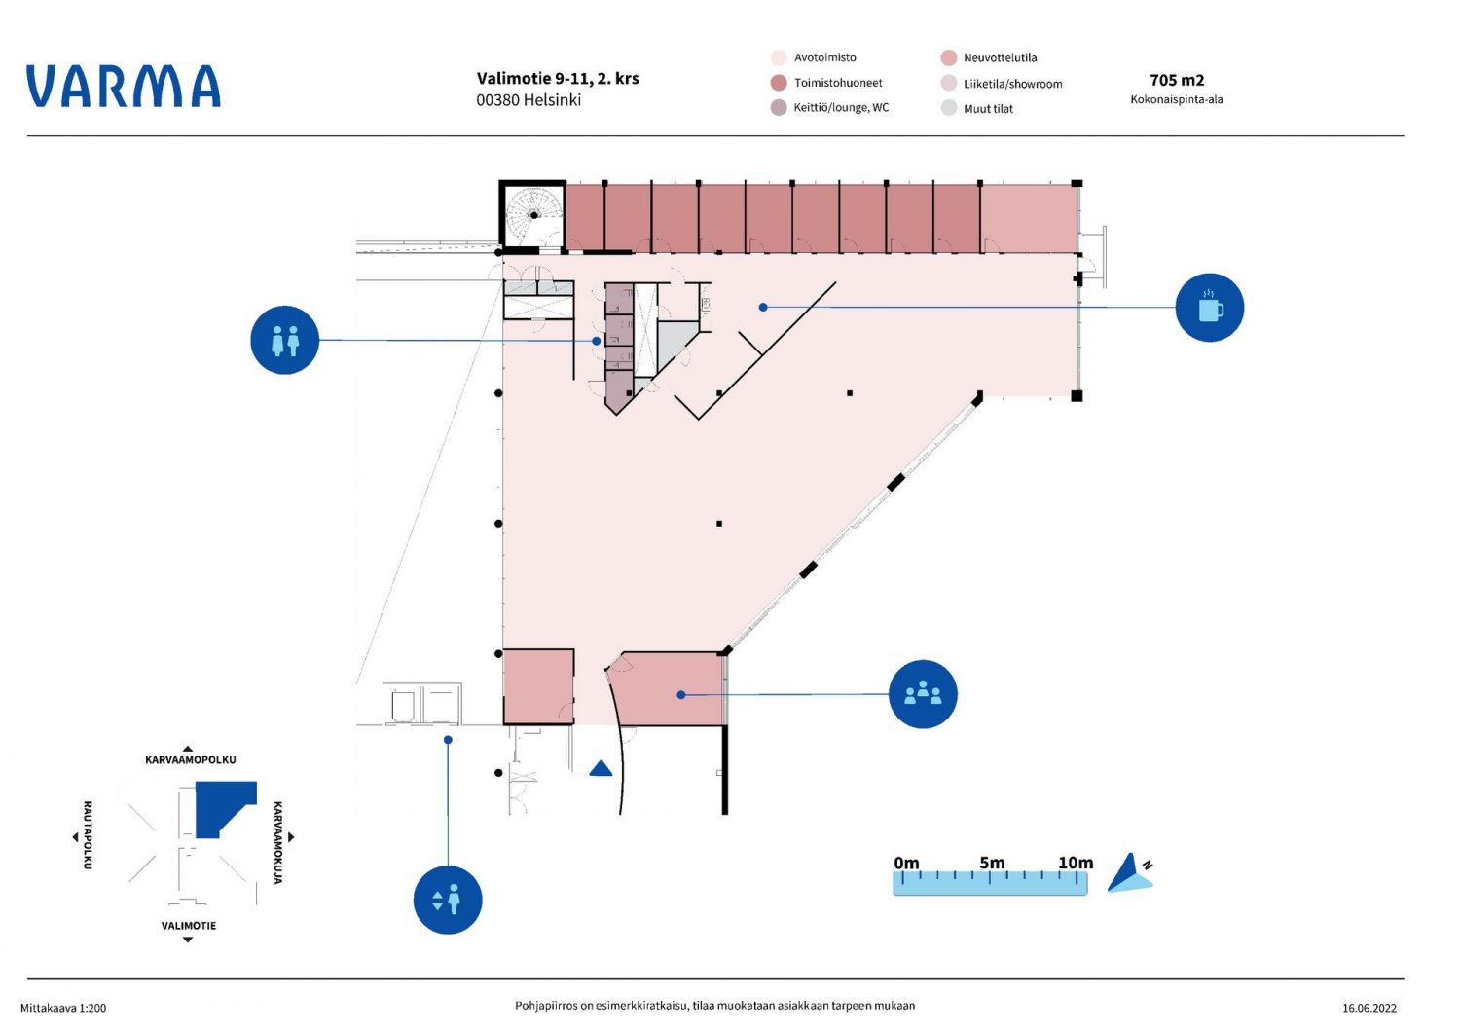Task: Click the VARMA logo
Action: [124, 86]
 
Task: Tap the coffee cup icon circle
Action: [1209, 308]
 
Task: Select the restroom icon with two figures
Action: [284, 340]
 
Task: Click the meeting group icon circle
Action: [923, 694]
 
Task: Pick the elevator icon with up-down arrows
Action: [448, 900]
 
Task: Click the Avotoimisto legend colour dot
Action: [779, 57]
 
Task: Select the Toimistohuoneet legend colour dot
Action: [779, 83]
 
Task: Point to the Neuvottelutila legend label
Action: [1000, 57]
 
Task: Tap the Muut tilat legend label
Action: [988, 109]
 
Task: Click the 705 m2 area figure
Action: [1177, 80]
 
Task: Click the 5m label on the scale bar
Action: [992, 863]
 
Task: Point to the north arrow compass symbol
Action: [1130, 873]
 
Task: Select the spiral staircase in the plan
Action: [532, 214]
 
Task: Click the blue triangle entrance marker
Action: [601, 768]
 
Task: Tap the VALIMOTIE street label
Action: [189, 926]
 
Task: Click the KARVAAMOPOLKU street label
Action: [191, 759]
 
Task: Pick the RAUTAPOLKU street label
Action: [88, 835]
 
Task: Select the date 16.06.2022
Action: [1369, 1008]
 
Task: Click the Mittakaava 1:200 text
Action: [63, 1008]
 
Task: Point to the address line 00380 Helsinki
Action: [529, 100]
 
